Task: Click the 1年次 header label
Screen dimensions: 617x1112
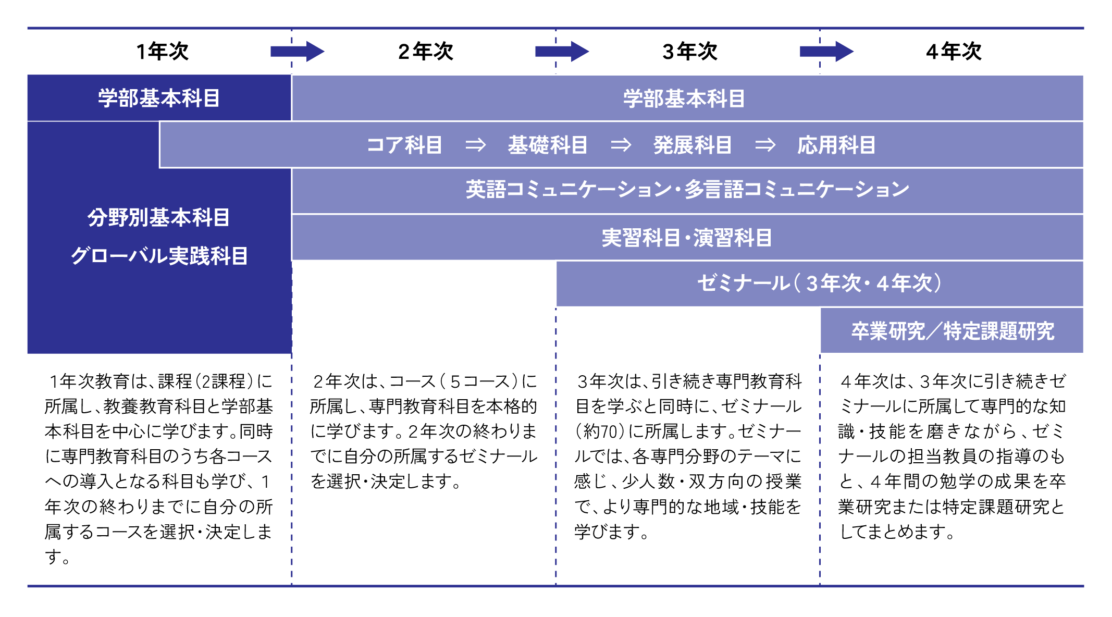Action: pyautogui.click(x=162, y=52)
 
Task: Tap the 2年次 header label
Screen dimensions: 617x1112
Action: pyautogui.click(x=425, y=52)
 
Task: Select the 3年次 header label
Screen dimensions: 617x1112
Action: pyautogui.click(x=690, y=52)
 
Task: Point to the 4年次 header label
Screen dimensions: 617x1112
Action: pyautogui.click(x=954, y=52)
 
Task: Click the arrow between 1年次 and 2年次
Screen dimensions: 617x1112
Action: pyautogui.click(x=297, y=51)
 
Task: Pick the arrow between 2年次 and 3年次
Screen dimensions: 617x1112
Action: pyautogui.click(x=562, y=51)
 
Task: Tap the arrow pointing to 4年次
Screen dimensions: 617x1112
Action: pyautogui.click(x=826, y=51)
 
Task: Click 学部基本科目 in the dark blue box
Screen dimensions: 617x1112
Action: pyautogui.click(x=159, y=98)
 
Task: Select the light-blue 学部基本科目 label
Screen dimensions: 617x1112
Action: pyautogui.click(x=684, y=98)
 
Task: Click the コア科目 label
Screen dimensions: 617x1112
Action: pyautogui.click(x=404, y=145)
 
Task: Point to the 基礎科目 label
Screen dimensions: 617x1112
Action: pyautogui.click(x=548, y=145)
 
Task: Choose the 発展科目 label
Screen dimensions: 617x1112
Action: pyautogui.click(x=693, y=145)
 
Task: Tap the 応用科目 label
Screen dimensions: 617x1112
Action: pyautogui.click(x=836, y=145)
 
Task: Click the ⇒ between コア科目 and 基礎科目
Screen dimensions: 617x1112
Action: pyautogui.click(x=475, y=145)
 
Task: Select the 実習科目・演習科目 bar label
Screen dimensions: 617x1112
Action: pyautogui.click(x=687, y=238)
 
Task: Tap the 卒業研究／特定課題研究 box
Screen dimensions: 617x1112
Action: pyautogui.click(x=953, y=331)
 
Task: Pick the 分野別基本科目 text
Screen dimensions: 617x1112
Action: pyautogui.click(x=158, y=217)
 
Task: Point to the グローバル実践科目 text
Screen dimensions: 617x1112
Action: pyautogui.click(x=159, y=256)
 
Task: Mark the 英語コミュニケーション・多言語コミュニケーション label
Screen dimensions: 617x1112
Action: pyautogui.click(x=687, y=190)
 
